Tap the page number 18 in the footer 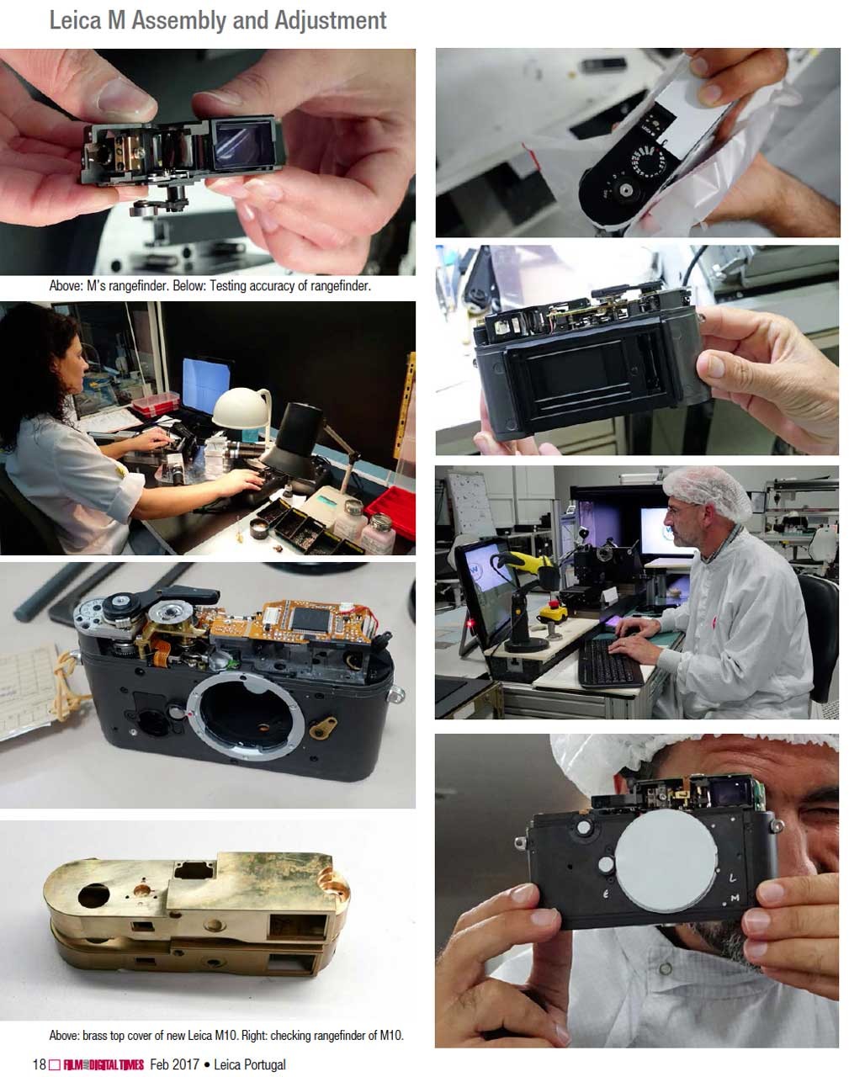[x=40, y=1064]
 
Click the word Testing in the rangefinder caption [x=228, y=286]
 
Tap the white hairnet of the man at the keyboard [x=707, y=492]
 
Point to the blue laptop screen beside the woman [x=206, y=385]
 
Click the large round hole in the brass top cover [x=94, y=894]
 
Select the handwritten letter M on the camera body [x=735, y=899]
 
